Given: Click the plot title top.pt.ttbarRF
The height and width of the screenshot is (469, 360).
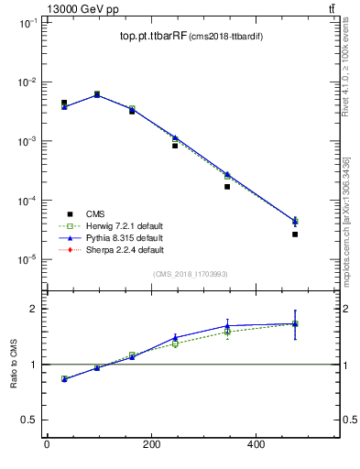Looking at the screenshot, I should tap(152, 37).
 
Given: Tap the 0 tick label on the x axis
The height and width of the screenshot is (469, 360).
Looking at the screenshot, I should tap(47, 446).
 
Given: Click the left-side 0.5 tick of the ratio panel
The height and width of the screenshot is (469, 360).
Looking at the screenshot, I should tap(28, 420).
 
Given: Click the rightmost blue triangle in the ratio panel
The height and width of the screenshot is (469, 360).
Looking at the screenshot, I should tap(295, 323).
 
